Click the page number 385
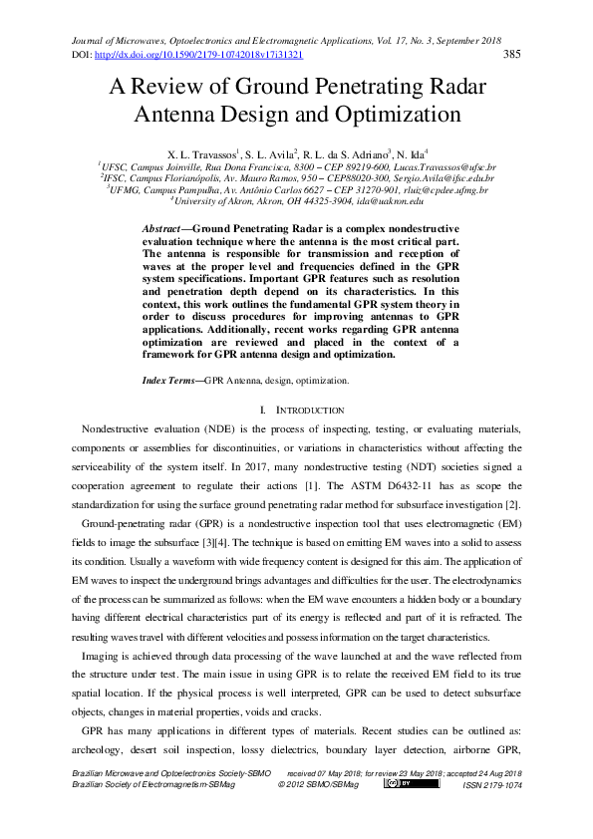[x=514, y=55]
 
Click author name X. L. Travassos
[x=208, y=155]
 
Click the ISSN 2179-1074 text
[x=493, y=786]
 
